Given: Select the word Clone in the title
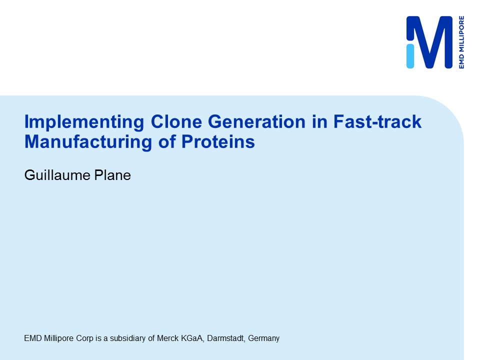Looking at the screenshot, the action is (176, 121).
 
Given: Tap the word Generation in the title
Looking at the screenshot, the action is (257, 121).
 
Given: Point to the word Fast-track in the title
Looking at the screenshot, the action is (377, 121).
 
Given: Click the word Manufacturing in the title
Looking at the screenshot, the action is (88, 142).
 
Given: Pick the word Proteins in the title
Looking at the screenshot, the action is (218, 141).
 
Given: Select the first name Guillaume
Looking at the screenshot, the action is (57, 175).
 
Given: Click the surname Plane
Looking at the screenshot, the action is (112, 175).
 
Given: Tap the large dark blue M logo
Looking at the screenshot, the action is (432, 41).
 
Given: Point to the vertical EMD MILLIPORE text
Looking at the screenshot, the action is (461, 42).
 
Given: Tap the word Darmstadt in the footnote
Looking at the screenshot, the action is (226, 338).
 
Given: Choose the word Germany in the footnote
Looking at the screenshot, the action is (264, 339).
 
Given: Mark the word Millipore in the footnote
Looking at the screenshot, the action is (59, 339).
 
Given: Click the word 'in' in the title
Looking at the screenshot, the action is (319, 121).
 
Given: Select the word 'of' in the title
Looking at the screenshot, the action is (167, 141).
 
